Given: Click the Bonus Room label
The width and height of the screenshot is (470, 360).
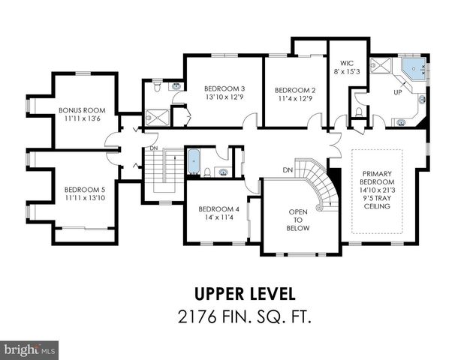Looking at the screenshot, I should pyautogui.click(x=85, y=110).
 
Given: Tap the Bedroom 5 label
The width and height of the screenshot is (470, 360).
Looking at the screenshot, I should pyautogui.click(x=85, y=189).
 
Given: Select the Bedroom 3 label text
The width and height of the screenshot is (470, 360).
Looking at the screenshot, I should pyautogui.click(x=223, y=88).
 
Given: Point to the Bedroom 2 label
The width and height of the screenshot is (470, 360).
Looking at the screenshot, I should pyautogui.click(x=294, y=89).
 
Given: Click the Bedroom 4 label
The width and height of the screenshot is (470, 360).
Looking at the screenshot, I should pyautogui.click(x=218, y=208).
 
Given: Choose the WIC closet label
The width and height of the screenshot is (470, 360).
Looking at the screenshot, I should pyautogui.click(x=346, y=64).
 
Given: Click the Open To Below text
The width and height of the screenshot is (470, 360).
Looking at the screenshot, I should pyautogui.click(x=298, y=220).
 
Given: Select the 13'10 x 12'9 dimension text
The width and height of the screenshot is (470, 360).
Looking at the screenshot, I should pyautogui.click(x=223, y=97).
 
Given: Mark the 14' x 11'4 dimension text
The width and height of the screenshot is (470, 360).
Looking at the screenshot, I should pyautogui.click(x=218, y=217).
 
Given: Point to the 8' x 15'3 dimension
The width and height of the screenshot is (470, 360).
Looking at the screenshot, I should pyautogui.click(x=346, y=72).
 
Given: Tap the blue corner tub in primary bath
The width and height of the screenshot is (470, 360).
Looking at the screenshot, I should pyautogui.click(x=413, y=70).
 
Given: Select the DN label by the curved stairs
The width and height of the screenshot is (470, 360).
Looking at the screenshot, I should pyautogui.click(x=287, y=169).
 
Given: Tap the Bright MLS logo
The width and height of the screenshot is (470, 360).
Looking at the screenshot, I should pyautogui.click(x=30, y=349).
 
